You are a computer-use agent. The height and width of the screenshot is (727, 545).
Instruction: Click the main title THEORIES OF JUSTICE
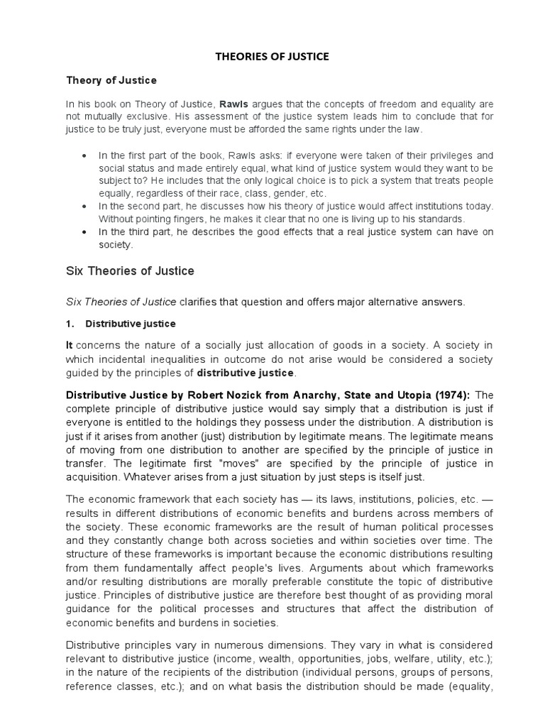pyautogui.click(x=272, y=57)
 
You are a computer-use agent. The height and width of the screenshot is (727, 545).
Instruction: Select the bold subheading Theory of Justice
pyautogui.click(x=111, y=80)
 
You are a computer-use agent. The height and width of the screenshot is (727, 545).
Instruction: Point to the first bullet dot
pyautogui.click(x=84, y=155)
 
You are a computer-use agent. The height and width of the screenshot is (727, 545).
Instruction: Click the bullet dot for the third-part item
pyautogui.click(x=84, y=232)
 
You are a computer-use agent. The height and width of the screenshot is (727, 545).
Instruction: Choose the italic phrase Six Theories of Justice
pyautogui.click(x=121, y=302)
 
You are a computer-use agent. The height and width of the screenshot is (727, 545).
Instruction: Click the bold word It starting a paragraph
pyautogui.click(x=70, y=344)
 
